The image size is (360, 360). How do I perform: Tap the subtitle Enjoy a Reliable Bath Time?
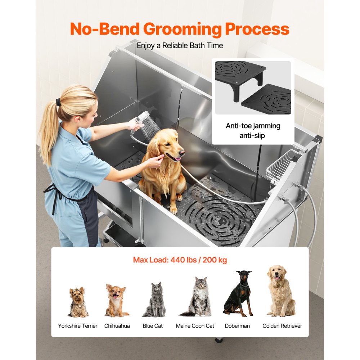(x=180, y=46)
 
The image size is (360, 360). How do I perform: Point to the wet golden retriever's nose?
(x=183, y=153)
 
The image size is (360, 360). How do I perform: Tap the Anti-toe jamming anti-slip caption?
(x=253, y=131)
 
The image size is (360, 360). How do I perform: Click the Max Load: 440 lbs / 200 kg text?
(x=180, y=260)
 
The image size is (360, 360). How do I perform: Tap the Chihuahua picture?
(x=116, y=301)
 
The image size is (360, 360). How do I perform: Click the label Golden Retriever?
(x=282, y=326)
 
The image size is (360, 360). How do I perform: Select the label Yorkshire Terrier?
(x=78, y=326)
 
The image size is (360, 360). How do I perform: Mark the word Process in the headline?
(x=257, y=30)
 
